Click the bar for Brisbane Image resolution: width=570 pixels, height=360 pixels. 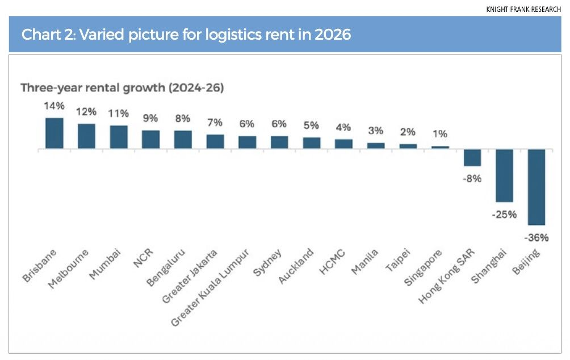point(54,133)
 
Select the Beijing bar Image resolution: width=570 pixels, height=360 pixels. point(537,187)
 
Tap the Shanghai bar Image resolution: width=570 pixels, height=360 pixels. point(504,175)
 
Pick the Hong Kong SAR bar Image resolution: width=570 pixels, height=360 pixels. point(472,157)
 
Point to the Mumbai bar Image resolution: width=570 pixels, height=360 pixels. point(119,137)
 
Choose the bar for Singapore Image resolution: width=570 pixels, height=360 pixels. point(440,147)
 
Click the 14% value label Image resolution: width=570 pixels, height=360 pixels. point(54,106)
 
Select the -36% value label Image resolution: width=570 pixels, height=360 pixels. point(537,237)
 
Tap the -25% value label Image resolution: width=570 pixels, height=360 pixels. point(504,215)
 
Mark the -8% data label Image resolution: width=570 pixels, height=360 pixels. point(472,178)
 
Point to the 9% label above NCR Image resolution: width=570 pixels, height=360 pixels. point(150,119)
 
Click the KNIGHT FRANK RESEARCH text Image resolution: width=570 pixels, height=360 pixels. point(523,10)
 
